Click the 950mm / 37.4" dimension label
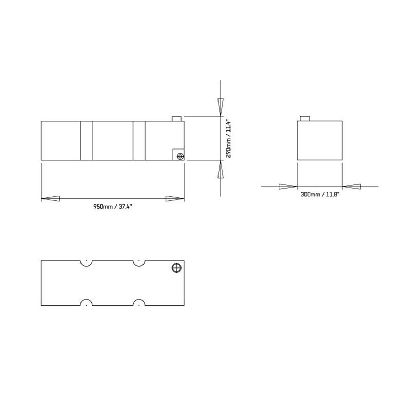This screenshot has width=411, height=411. coord(112,207)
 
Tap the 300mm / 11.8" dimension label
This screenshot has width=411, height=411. coord(320,194)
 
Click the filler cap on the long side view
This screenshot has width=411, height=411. coord(177,119)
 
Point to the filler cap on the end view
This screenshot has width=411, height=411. coord(305,119)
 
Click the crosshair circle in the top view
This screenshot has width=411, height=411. coord(177,268)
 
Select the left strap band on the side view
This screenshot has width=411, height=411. coord(86,140)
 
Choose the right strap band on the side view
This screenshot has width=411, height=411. coord(139,140)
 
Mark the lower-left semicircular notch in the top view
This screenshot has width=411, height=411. coord(86,302)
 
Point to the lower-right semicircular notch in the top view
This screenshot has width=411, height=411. coord(139,302)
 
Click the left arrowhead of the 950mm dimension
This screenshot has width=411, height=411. coord(50,198)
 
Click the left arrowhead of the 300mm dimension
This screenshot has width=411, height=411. coord(288,187)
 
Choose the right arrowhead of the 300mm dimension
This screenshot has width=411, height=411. coord(352,187)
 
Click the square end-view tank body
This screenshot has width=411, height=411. coord(320,140)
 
